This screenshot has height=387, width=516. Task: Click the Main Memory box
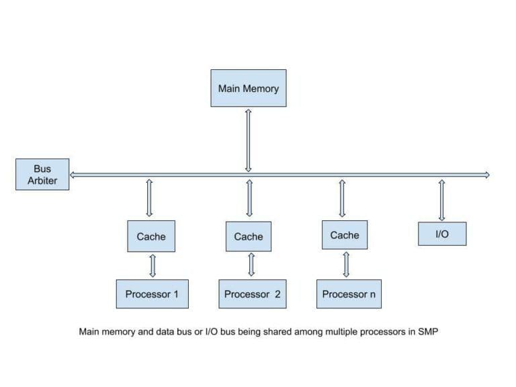248,88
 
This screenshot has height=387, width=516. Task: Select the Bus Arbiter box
42,175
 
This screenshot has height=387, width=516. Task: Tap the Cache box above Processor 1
150,236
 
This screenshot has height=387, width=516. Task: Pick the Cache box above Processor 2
248,236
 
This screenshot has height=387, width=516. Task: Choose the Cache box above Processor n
345,235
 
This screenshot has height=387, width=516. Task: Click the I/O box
441,234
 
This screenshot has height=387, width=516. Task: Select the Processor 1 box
152,294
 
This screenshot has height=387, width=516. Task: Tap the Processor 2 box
252,294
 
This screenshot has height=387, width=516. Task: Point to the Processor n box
349,294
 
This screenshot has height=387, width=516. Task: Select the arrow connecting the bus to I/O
441,200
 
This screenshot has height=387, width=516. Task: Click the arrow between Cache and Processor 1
153,265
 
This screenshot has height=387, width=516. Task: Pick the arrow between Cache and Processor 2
251,265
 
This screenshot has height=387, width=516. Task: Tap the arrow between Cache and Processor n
347,264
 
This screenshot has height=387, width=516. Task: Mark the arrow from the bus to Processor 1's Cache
149,198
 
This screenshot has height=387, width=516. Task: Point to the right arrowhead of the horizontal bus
486,175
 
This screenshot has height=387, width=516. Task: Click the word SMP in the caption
427,332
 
